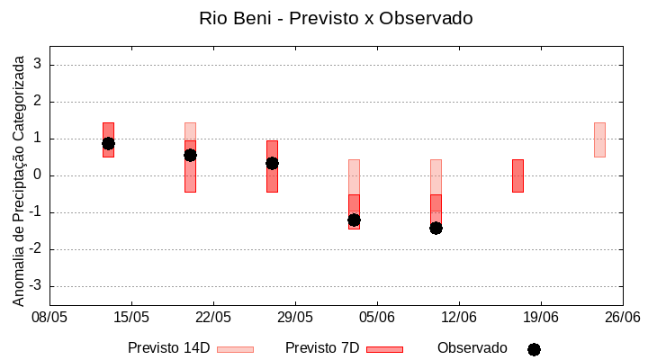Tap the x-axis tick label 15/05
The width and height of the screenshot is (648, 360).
pyautogui.click(x=131, y=317)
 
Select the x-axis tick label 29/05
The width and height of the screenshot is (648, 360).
pyautogui.click(x=295, y=317)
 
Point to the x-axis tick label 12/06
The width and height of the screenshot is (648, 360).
pyautogui.click(x=459, y=317)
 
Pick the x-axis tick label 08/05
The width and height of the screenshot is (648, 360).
pyautogui.click(x=49, y=317)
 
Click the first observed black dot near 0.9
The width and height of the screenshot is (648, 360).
pyautogui.click(x=108, y=143)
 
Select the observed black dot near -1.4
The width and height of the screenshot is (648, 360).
pyautogui.click(x=436, y=228)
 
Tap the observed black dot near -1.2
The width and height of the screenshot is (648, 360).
pyautogui.click(x=354, y=220)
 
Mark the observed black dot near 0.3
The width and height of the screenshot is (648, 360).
pyautogui.click(x=272, y=163)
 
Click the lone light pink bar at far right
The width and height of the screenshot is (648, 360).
pyautogui.click(x=599, y=139)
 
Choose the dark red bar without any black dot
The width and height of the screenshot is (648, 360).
pyautogui.click(x=517, y=175)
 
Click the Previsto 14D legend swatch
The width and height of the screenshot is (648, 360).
pyautogui.click(x=235, y=349)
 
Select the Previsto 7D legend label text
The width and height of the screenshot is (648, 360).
pyautogui.click(x=322, y=347)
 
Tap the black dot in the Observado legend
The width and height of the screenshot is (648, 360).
pyautogui.click(x=534, y=349)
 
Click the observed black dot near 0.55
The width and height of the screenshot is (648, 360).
pyautogui.click(x=190, y=155)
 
